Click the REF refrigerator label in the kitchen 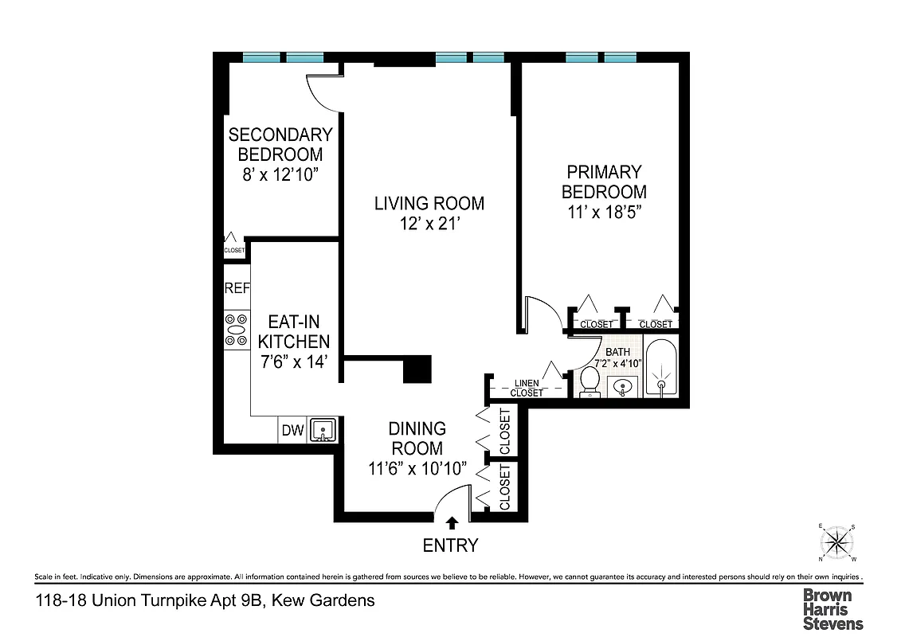click(237, 288)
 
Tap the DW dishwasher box click(292, 431)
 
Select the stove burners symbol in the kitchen click(237, 330)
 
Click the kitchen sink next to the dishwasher click(323, 430)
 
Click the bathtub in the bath click(660, 369)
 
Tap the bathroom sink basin click(623, 388)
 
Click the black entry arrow click(452, 523)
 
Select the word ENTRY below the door click(451, 545)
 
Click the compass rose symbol click(836, 543)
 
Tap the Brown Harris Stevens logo click(832, 609)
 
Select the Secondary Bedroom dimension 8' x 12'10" click(280, 174)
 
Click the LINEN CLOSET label click(526, 388)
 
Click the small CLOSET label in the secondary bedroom click(234, 250)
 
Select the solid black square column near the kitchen click(417, 369)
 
